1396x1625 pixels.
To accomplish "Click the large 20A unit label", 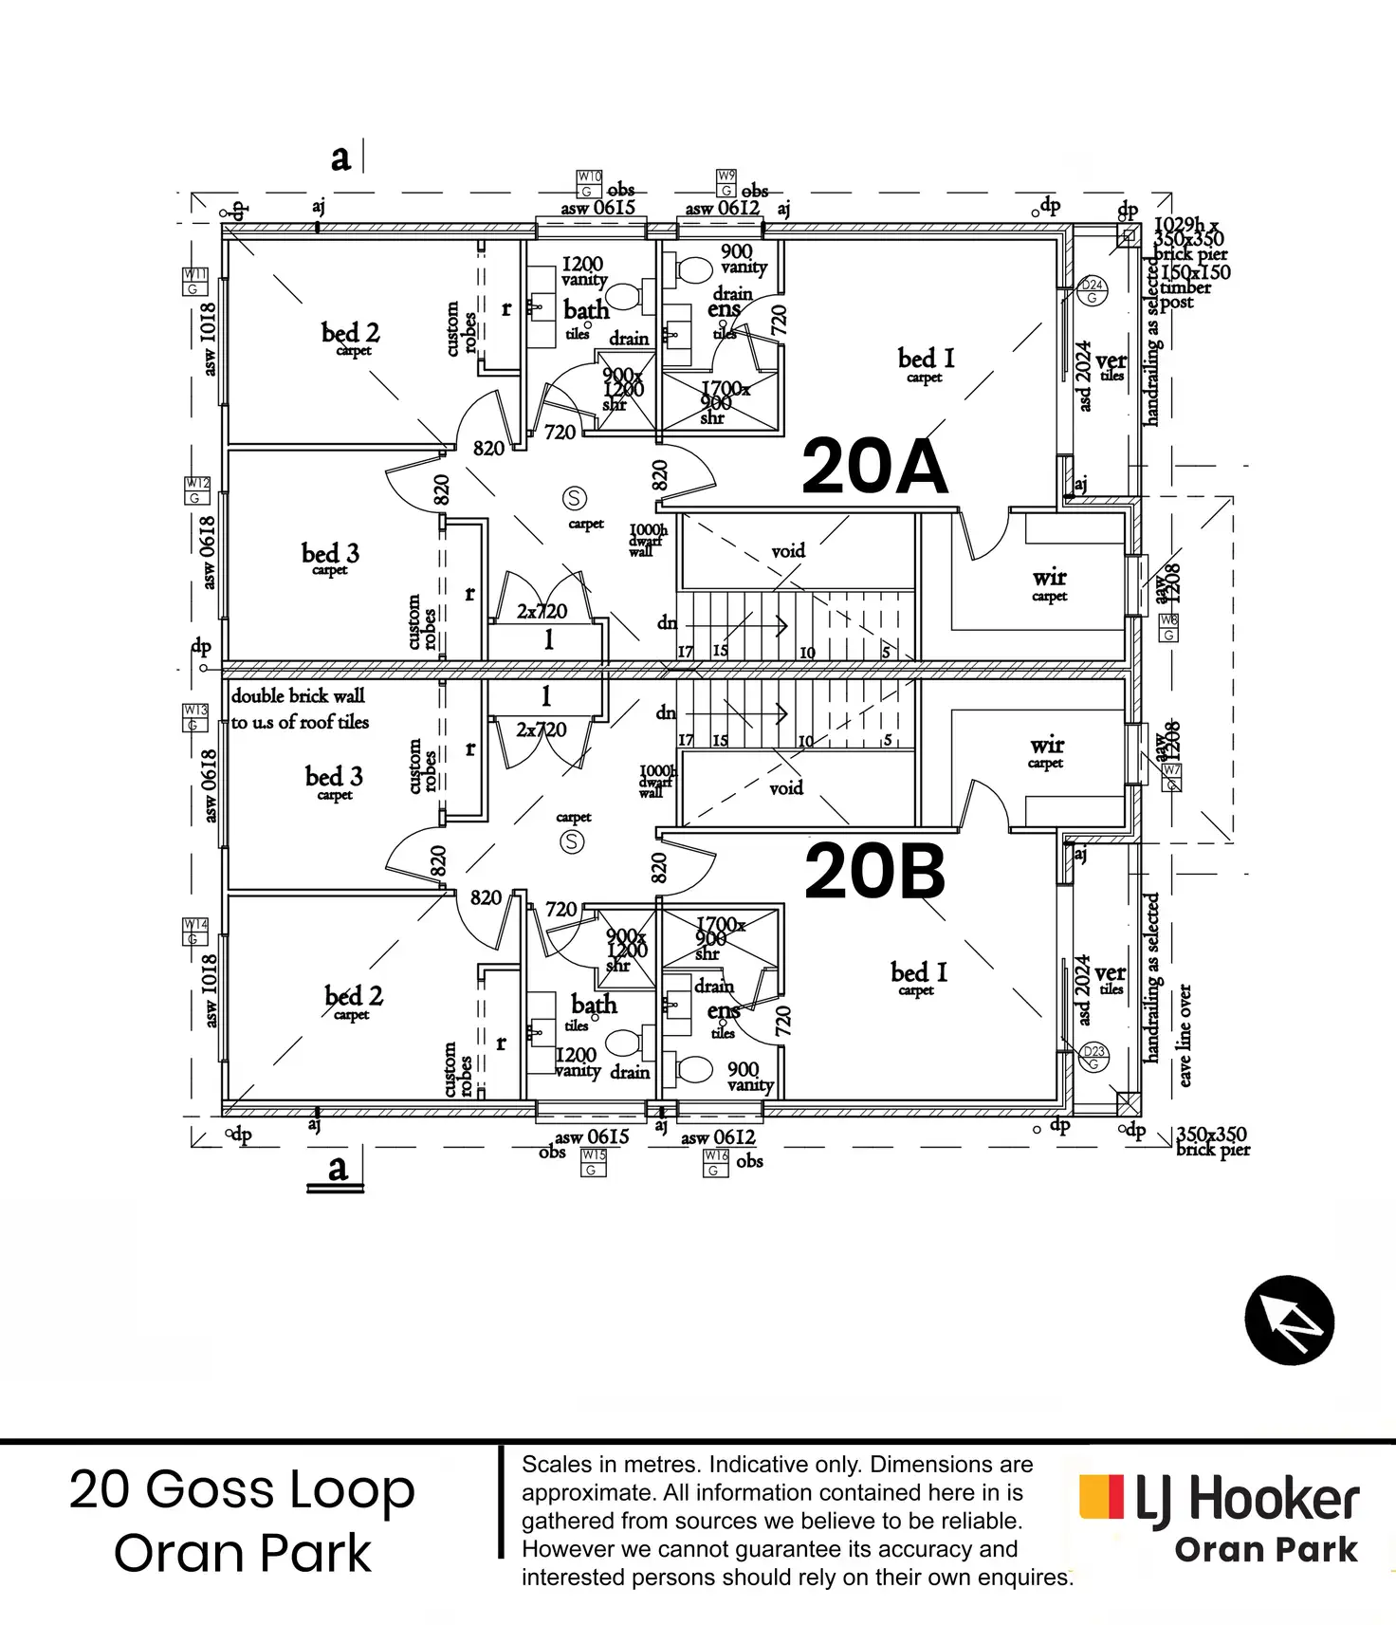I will pos(873,466).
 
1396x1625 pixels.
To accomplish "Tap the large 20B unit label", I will pos(874,872).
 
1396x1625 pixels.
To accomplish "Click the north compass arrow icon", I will pos(1289,1320).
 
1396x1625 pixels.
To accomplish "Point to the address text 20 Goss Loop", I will pos(242,1488).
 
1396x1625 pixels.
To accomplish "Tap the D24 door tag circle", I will pos(1093,290).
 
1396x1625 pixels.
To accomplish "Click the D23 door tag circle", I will pos(1093,1057).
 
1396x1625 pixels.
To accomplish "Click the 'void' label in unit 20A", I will pos(788,551).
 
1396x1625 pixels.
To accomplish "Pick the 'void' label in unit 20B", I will pos(786,787).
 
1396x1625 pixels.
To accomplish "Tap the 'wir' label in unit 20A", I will pos(1049,578).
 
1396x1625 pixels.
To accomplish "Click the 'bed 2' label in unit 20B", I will pos(353,996).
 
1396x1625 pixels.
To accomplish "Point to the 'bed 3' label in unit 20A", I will pos(330,553).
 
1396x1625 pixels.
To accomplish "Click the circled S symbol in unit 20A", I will pos(574,498).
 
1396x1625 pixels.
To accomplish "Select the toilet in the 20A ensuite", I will pos(695,270).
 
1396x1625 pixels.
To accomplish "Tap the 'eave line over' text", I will pos(1185,1035).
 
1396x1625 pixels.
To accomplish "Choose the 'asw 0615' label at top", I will pos(597,208).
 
